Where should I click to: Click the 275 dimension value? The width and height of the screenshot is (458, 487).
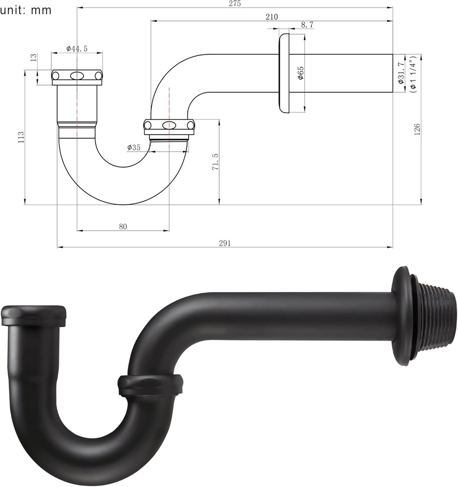tap(235, 4)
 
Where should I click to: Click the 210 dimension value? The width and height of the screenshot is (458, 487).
tap(271, 17)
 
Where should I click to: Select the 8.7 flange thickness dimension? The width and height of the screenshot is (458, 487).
tap(307, 25)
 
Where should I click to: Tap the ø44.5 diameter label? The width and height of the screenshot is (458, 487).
tap(77, 49)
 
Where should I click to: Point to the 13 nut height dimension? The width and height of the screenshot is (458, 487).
tap(33, 58)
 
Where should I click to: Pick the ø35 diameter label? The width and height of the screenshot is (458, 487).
tap(134, 147)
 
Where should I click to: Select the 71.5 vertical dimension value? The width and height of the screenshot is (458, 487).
tap(215, 162)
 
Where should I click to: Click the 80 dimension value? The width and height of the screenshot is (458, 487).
tap(123, 227)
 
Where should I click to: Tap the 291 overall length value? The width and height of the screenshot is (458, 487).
tap(225, 243)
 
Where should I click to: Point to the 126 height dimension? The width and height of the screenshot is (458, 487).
tap(417, 128)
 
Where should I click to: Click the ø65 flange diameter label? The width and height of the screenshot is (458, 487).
tap(300, 73)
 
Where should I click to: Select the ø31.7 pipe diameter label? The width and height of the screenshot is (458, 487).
tap(401, 73)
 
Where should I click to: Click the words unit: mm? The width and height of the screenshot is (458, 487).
tap(26, 10)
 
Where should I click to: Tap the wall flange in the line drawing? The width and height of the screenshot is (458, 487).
tap(284, 73)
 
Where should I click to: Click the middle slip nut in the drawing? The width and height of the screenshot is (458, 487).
tap(169, 126)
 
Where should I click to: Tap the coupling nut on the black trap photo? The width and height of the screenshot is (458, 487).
tap(150, 384)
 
